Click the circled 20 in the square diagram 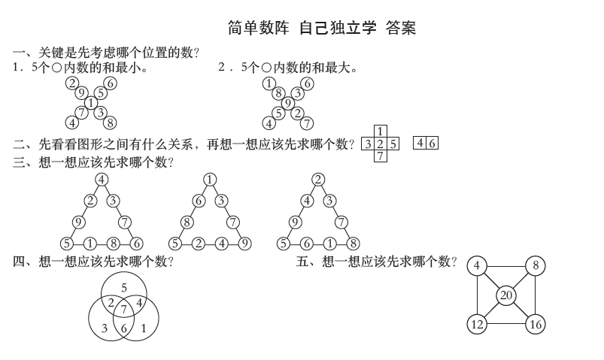click(x=506, y=295)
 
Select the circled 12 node click(x=477, y=324)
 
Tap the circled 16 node click(x=536, y=324)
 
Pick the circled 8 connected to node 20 click(x=536, y=266)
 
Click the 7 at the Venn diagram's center click(x=124, y=309)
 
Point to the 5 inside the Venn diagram click(x=124, y=287)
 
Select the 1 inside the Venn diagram click(x=144, y=328)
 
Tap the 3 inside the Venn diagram click(x=105, y=328)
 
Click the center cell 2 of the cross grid click(x=381, y=144)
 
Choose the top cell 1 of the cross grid click(x=381, y=132)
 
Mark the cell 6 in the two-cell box click(x=432, y=143)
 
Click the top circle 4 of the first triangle click(x=102, y=180)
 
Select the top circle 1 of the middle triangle click(x=210, y=180)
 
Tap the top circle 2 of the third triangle click(x=318, y=180)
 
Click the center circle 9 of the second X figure click(x=288, y=103)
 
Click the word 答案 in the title click(x=400, y=28)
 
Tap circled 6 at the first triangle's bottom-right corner click(x=136, y=244)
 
